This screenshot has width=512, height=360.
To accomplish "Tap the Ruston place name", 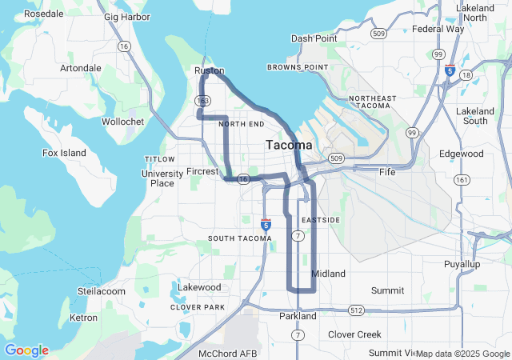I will tap(210, 70).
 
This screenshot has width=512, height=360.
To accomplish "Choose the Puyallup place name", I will tap(462, 263).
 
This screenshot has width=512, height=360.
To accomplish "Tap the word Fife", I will tap(387, 171).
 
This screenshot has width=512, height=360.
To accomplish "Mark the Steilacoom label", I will tap(102, 291).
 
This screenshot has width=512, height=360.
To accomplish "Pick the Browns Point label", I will tap(298, 67).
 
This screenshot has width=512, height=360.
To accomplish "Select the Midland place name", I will tap(328, 274).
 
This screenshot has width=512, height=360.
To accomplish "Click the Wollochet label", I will tap(123, 122).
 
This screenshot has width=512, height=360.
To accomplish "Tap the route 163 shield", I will tap(202, 101).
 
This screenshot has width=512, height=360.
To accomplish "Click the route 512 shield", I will tap(356, 310).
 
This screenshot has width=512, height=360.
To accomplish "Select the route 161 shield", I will tap(461, 180).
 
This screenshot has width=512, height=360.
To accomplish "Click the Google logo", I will tap(26, 350).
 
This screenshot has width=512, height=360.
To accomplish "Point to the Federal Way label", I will tap(438, 29).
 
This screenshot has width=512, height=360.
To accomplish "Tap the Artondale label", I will tap(81, 68).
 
